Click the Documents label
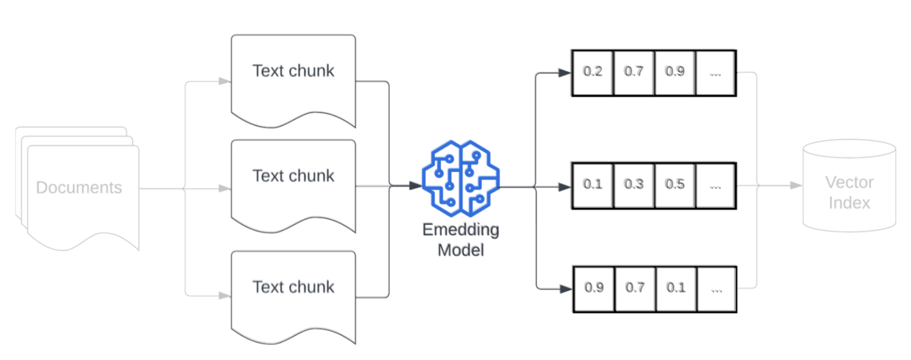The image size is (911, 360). tap(79, 188)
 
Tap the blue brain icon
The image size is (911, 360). tap(461, 179)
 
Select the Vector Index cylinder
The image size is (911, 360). tap(849, 186)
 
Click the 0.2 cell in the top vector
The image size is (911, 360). tap(592, 72)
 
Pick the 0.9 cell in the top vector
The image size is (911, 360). tap(675, 72)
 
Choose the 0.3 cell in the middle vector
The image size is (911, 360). tap(634, 185)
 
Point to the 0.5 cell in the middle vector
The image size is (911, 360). tap(675, 185)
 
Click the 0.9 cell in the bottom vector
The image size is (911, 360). tap(594, 288)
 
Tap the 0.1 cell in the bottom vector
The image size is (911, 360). tap(676, 288)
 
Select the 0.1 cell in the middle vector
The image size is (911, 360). tap(592, 185)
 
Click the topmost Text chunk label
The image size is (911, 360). tap(293, 71)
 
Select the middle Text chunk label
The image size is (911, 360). tap(293, 176)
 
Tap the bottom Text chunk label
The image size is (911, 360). tap(293, 287)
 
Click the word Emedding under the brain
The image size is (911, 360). tap(461, 230)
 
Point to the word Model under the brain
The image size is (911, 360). tap(461, 250)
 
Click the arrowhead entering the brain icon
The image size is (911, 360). tap(415, 186)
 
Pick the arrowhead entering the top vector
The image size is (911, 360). tap(564, 73)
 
